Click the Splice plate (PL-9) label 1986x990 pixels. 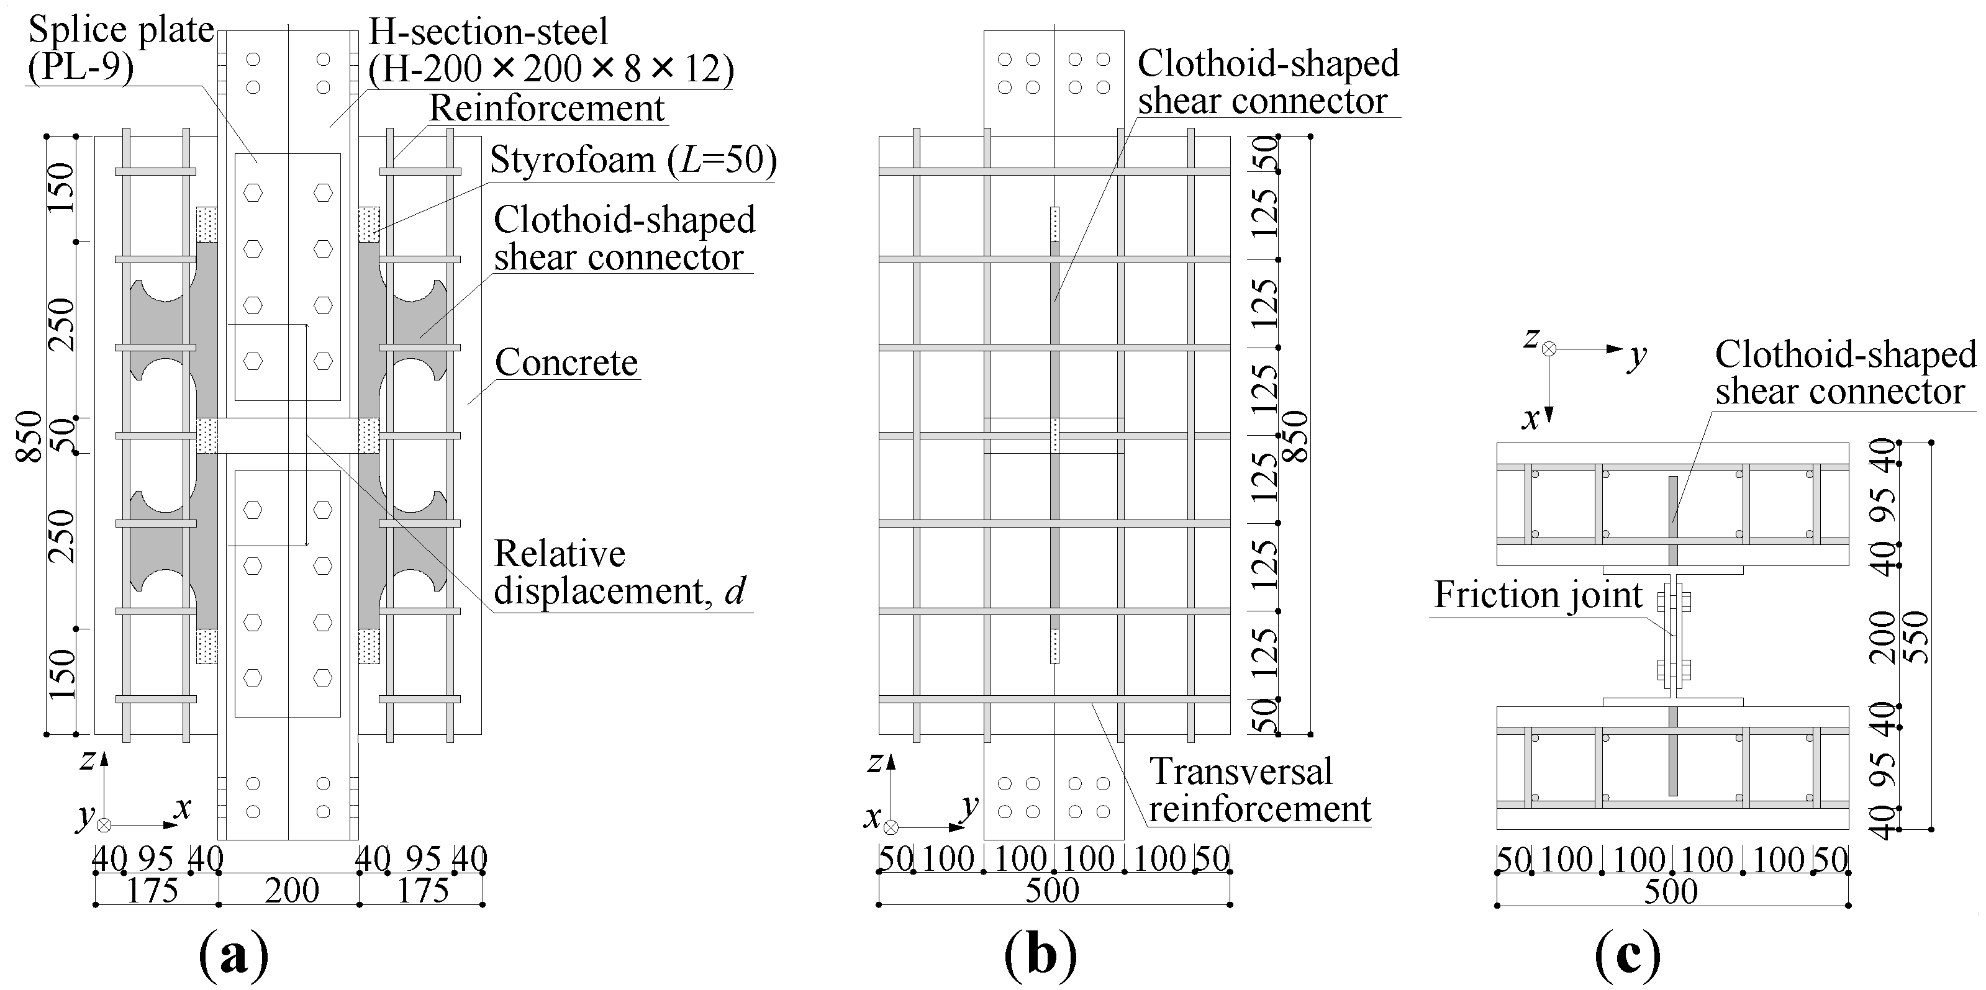121,48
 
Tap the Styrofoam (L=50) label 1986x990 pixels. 633,160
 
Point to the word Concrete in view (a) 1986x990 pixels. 566,362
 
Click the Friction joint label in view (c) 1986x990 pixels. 1538,595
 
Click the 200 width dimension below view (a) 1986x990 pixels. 291,891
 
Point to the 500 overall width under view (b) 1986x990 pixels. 1053,891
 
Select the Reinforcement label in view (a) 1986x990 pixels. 546,108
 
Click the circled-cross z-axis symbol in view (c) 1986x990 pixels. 1548,349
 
